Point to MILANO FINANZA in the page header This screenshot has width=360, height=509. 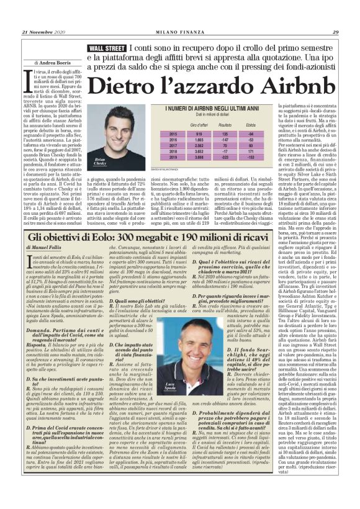[180, 32]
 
